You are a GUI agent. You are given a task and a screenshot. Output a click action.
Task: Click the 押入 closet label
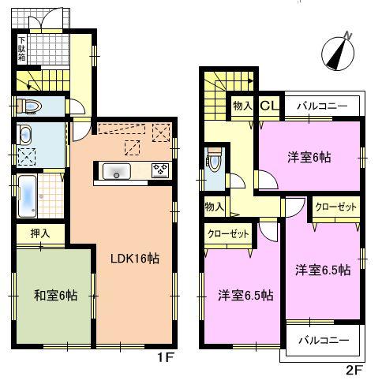[x=39, y=233]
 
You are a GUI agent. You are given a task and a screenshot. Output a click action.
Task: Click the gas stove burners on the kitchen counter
[x=160, y=170]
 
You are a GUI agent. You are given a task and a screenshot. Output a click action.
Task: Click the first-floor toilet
[x=30, y=106]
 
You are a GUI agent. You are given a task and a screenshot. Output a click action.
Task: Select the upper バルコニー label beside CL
[x=321, y=105]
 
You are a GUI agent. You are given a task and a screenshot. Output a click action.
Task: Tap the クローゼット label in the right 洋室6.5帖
[x=335, y=207]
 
